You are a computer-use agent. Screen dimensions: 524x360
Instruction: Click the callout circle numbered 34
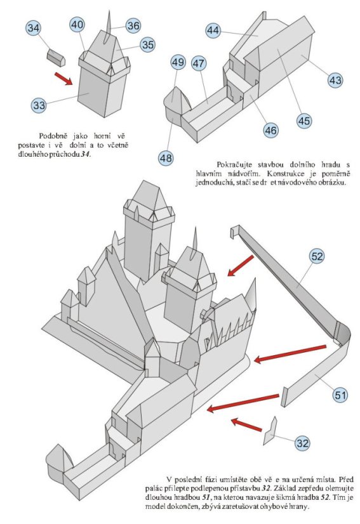[34, 28]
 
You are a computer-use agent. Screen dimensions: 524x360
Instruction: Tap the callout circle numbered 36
[133, 25]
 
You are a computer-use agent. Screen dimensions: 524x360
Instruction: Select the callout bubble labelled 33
[39, 105]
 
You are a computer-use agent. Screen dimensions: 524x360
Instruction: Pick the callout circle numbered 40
[77, 25]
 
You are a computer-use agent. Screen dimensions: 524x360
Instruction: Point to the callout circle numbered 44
[213, 30]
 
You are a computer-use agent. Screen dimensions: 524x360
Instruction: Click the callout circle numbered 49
[177, 62]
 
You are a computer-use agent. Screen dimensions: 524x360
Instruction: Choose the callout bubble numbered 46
[270, 130]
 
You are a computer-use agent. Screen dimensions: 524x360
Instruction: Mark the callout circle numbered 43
[335, 80]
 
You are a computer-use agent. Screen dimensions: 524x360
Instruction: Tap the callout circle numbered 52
[317, 256]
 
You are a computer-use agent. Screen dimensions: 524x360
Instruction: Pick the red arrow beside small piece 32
[246, 424]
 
